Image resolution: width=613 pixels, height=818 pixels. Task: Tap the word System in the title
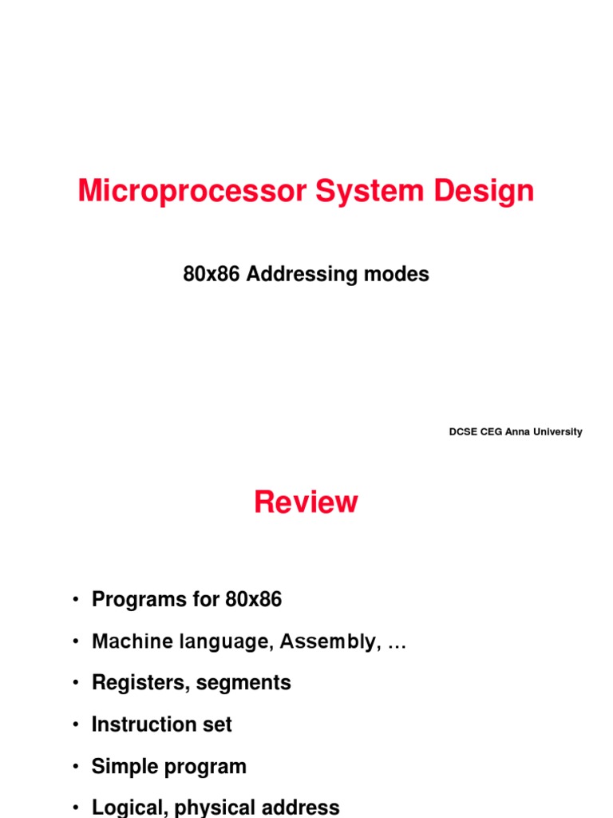(x=364, y=192)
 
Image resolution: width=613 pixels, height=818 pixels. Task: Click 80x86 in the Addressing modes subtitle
(x=212, y=275)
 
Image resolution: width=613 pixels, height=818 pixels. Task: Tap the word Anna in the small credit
(x=517, y=432)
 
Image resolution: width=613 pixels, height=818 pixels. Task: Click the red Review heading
(x=306, y=502)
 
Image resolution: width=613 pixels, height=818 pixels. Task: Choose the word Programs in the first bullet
(x=133, y=600)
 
